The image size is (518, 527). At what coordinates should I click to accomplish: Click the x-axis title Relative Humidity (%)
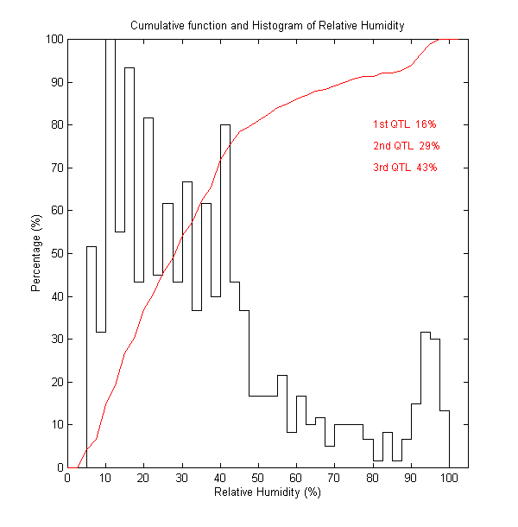coord(267,492)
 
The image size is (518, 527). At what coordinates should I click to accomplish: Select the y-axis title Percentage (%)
coord(36,253)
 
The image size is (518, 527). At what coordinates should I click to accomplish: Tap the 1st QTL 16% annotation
coord(405,124)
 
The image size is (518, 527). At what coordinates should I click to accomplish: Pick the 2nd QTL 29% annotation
coord(405,146)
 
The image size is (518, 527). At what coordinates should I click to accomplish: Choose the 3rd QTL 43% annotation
coord(405,168)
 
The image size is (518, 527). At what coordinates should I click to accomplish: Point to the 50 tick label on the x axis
coord(258,478)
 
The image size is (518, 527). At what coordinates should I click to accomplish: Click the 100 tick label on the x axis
coord(449,478)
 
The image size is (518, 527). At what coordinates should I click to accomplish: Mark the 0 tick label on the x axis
coord(68,478)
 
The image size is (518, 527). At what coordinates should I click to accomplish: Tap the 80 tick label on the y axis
coord(56,124)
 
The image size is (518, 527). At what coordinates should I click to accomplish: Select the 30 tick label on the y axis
coord(56,339)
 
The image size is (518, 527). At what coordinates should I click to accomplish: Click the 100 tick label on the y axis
coord(54,39)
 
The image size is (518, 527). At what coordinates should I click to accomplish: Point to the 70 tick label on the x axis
coord(334,478)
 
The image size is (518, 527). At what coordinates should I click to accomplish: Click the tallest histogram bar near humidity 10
coord(111,251)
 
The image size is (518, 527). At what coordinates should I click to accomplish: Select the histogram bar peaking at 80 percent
coord(225,294)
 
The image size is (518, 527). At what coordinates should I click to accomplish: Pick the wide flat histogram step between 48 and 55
coord(263,431)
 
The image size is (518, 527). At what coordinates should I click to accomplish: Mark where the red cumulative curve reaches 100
coord(438,40)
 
